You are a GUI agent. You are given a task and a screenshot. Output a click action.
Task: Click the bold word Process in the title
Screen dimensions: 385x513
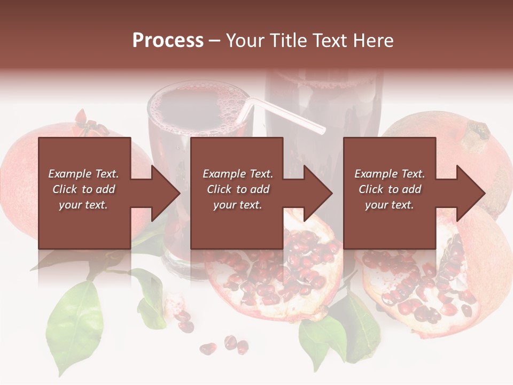(168, 41)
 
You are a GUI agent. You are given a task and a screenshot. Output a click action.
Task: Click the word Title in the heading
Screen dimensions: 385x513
(286, 41)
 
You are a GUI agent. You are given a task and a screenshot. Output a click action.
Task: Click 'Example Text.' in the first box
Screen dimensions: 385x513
(83, 174)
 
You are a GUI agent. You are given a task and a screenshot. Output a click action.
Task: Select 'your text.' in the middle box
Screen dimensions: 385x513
(237, 205)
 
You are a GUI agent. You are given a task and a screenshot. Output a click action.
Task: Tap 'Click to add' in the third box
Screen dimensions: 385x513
(390, 189)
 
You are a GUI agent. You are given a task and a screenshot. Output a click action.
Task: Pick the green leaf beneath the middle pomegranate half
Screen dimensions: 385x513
(326, 332)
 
